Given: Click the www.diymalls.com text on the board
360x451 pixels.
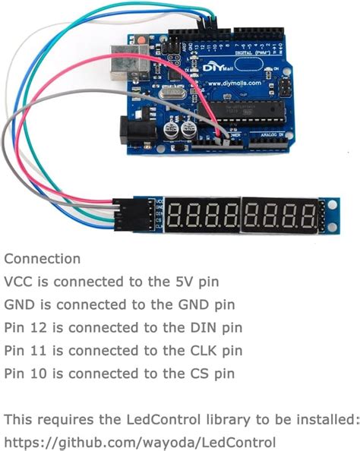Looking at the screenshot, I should (x=232, y=83).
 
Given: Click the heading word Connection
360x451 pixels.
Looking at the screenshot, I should (x=42, y=260).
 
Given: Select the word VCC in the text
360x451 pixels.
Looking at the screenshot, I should (x=18, y=282).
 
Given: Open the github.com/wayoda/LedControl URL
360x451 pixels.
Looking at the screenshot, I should (x=140, y=442).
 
